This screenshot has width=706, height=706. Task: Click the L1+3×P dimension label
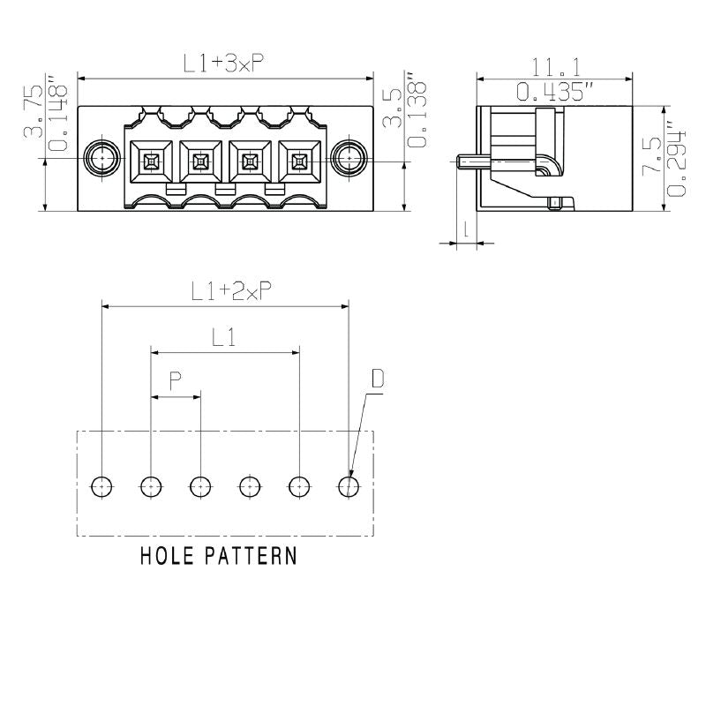[224, 64]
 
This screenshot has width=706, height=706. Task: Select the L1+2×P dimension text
[231, 291]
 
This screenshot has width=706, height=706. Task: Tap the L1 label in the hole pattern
[223, 336]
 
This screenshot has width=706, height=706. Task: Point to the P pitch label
[176, 380]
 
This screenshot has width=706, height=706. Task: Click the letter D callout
[377, 379]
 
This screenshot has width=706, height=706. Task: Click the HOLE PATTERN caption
[219, 557]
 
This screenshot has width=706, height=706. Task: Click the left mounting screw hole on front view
[101, 159]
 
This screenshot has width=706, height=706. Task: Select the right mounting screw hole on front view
[349, 159]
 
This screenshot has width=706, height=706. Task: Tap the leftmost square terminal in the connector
[151, 161]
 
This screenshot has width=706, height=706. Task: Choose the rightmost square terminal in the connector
[299, 161]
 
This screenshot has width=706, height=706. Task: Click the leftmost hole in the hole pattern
[102, 485]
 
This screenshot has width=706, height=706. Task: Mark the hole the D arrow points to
[349, 485]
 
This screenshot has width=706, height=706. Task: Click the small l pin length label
[465, 230]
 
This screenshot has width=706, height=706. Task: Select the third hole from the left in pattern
[201, 485]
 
